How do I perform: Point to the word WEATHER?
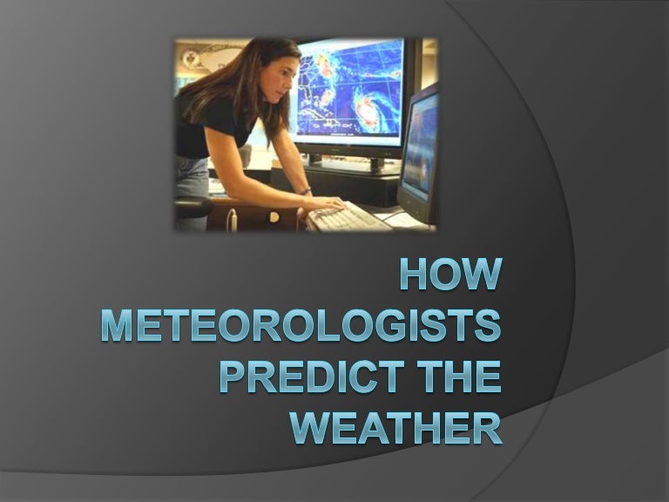(x=396, y=427)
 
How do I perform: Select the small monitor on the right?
(x=421, y=148)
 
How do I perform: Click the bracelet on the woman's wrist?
(x=304, y=191)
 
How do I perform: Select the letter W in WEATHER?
(x=310, y=427)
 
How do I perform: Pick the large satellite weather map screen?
(x=348, y=92)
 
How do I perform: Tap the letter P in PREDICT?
(x=231, y=376)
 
